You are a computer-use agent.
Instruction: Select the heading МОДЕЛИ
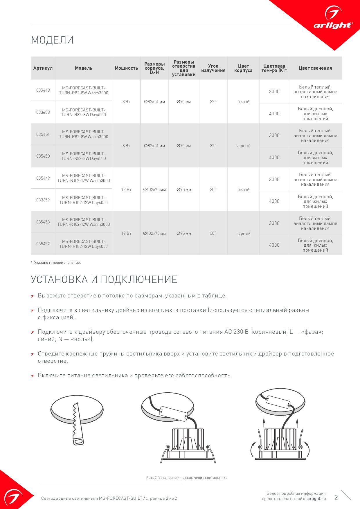(x=52, y=40)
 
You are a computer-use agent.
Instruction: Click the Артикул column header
(x=43, y=68)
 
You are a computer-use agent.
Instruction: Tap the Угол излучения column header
(x=213, y=68)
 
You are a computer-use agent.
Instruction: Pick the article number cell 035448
(x=43, y=90)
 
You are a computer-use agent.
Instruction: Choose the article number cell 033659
(x=43, y=200)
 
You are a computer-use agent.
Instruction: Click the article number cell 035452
(x=43, y=244)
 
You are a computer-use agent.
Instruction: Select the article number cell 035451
(x=43, y=134)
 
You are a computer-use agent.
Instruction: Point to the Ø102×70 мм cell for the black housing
(x=154, y=233)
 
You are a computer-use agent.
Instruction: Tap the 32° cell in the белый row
(x=213, y=102)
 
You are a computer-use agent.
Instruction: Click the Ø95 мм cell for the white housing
(x=184, y=189)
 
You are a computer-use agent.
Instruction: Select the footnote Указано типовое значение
(x=57, y=263)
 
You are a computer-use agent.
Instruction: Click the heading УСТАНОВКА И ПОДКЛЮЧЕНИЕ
(x=104, y=279)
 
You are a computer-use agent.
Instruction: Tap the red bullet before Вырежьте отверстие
(x=33, y=296)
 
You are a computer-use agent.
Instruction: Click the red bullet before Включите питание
(x=33, y=376)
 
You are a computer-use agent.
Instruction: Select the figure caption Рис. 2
(x=187, y=478)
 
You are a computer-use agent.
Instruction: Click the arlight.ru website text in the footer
(x=316, y=499)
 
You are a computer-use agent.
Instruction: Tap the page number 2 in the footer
(x=336, y=497)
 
